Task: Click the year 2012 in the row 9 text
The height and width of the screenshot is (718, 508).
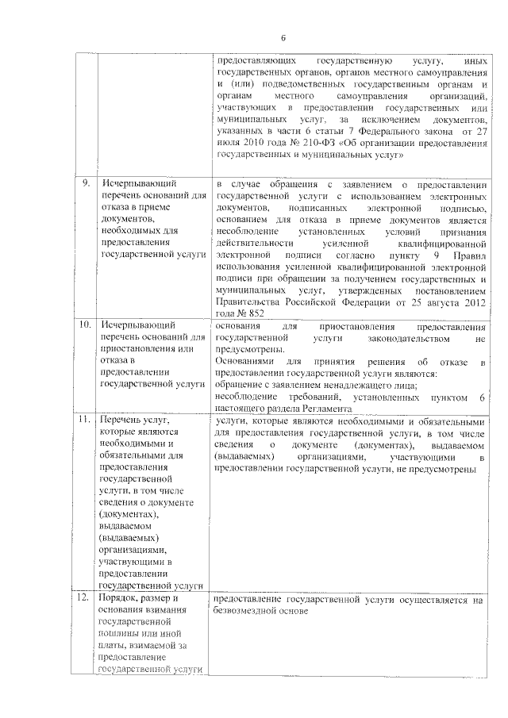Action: click(471, 301)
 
